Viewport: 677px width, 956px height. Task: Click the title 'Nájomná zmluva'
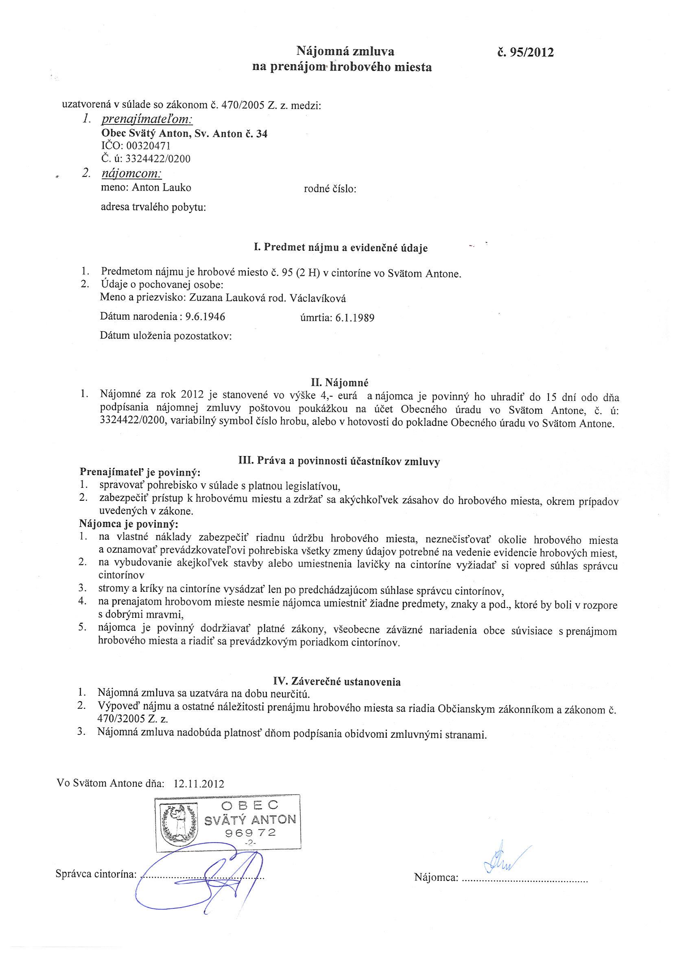coord(345,51)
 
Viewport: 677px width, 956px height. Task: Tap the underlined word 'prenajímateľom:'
coord(147,119)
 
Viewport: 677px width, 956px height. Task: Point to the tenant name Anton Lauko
coord(162,188)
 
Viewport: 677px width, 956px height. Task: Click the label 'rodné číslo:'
coord(330,189)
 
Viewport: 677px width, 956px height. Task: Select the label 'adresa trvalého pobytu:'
coord(154,207)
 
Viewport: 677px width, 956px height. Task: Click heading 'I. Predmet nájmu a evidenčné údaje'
coord(341,248)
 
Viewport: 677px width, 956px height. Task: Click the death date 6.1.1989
coord(354,318)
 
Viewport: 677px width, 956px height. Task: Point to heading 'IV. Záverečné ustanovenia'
coord(336,682)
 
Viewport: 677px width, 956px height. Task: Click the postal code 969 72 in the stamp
coord(250,833)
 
